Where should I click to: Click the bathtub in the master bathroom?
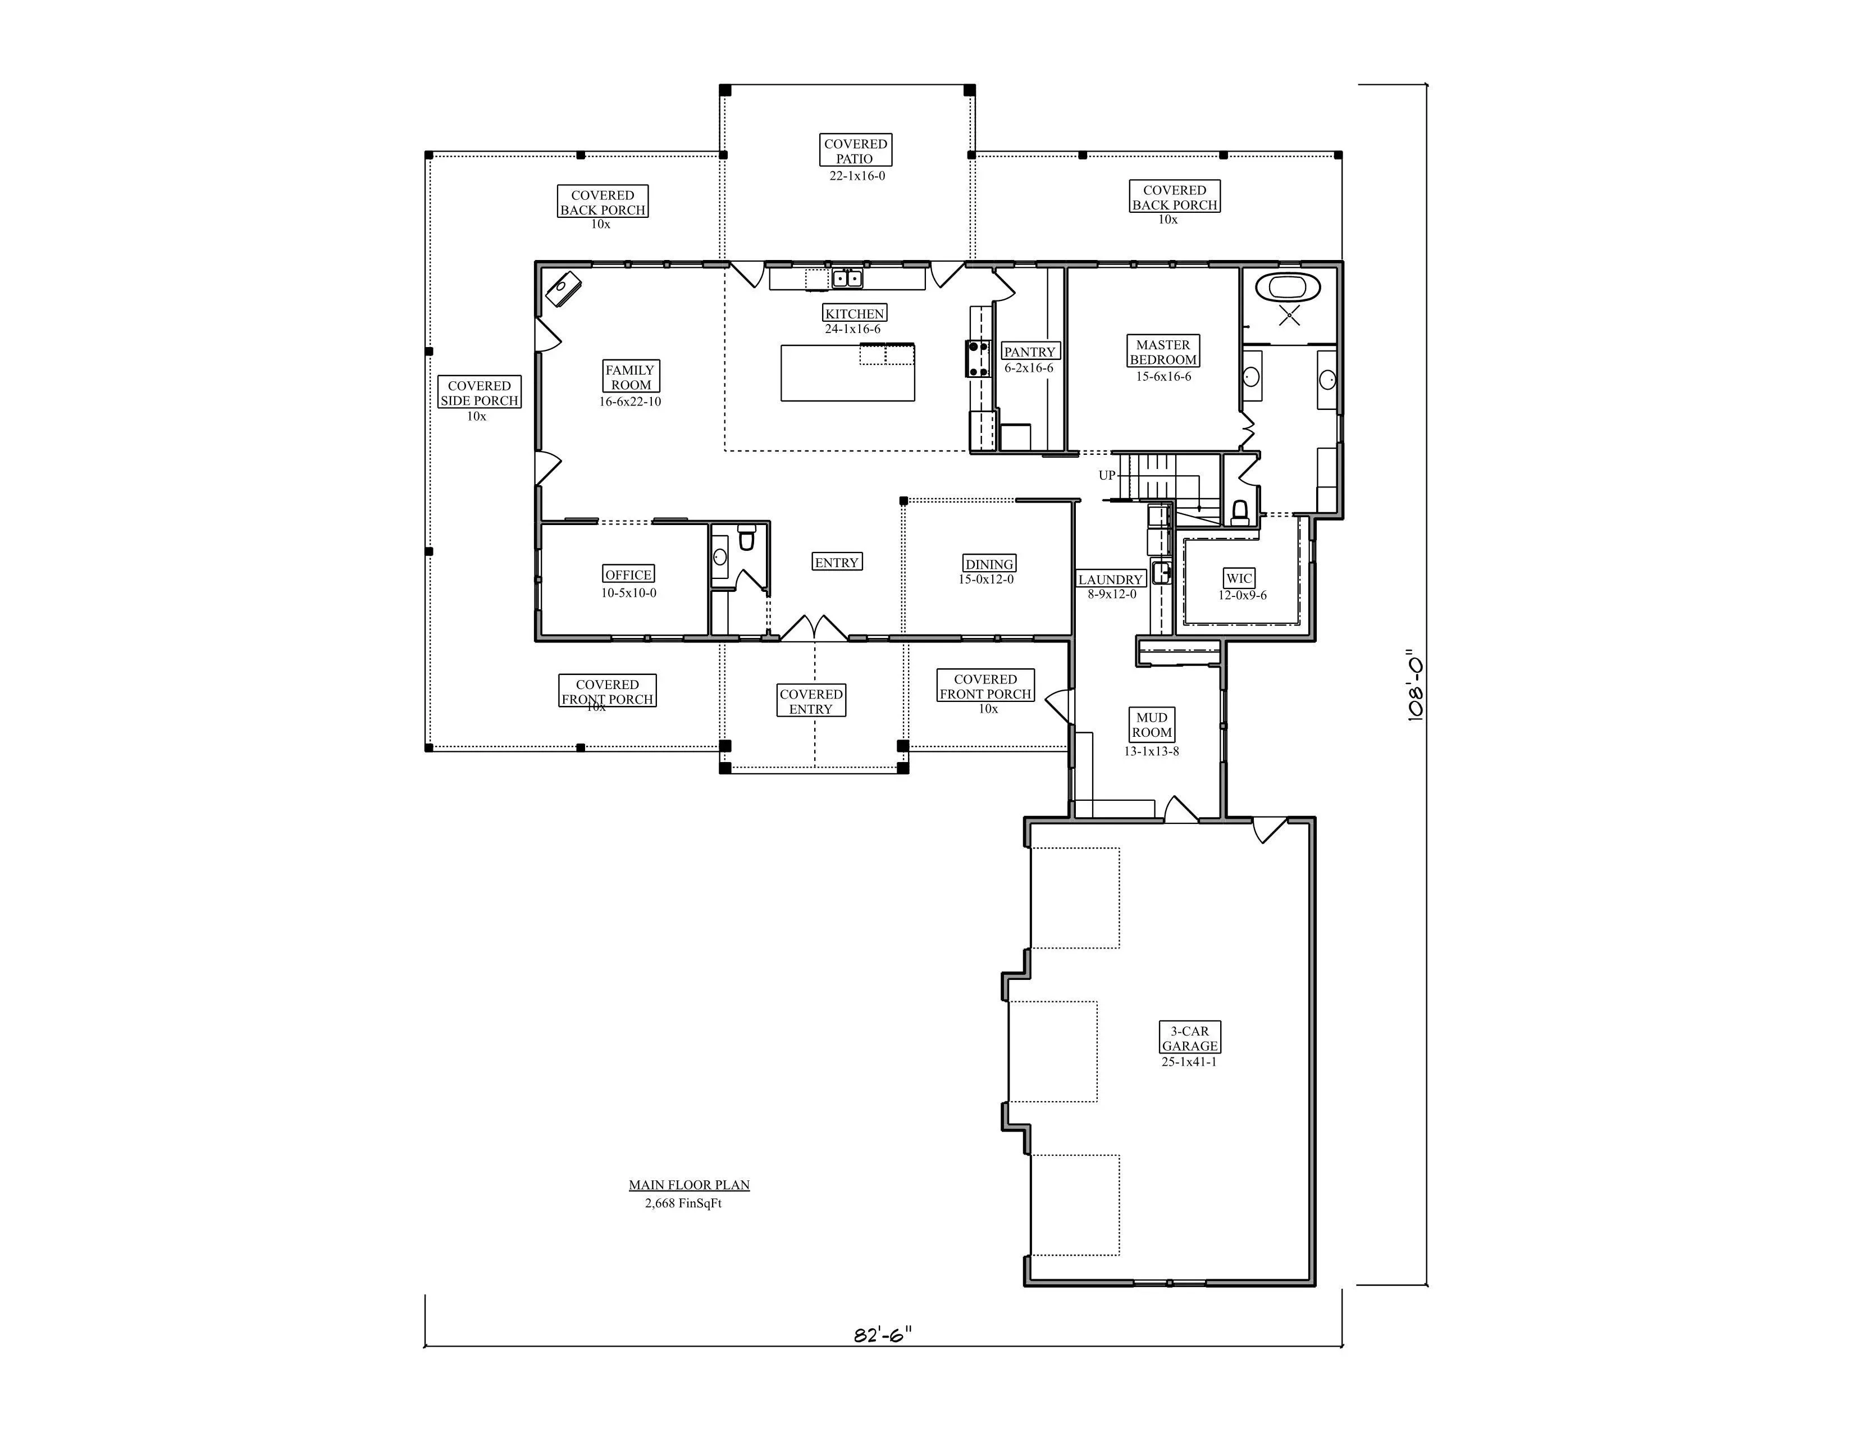click(1288, 287)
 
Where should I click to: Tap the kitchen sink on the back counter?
click(847, 278)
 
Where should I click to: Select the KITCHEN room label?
click(855, 313)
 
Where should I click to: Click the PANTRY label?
click(1029, 351)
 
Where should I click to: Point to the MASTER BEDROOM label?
click(1162, 352)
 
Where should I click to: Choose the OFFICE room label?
click(628, 574)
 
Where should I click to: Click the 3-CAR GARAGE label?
click(1189, 1038)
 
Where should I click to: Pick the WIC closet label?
click(1239, 578)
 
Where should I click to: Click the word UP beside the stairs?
click(1107, 475)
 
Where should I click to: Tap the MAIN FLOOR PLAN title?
click(689, 1184)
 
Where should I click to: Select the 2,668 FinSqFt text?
click(683, 1203)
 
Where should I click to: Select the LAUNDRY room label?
click(1111, 580)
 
